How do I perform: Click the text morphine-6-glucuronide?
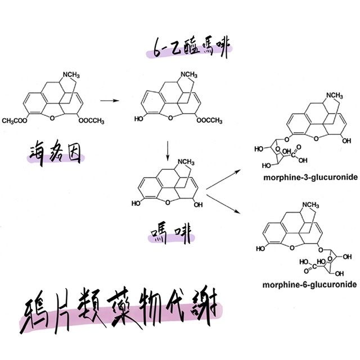point(309,285)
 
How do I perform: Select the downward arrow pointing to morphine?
point(168,149)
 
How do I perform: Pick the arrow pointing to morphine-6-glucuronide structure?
point(225,203)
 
